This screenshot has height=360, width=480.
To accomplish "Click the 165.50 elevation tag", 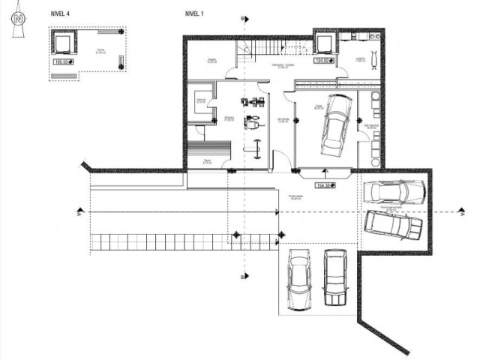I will [x=61, y=63].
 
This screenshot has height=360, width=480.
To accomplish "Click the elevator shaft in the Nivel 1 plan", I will [x=323, y=43].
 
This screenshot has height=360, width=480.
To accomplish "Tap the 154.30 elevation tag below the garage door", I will [x=324, y=184].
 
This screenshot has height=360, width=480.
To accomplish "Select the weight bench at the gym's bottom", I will [x=254, y=146].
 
